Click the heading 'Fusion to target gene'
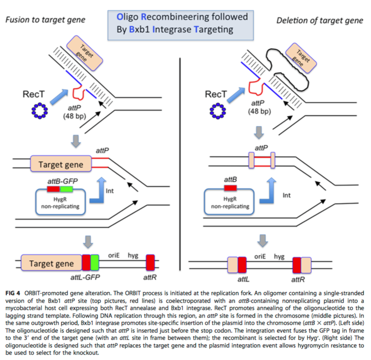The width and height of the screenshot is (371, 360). [x=45, y=20]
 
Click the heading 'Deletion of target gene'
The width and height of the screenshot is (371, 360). [x=320, y=20]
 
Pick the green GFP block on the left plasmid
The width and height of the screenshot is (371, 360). [x=67, y=189]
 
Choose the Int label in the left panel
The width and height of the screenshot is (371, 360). [x=110, y=191]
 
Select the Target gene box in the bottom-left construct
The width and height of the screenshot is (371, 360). [x=51, y=263]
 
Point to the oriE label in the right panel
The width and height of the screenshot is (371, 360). [x=260, y=256]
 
